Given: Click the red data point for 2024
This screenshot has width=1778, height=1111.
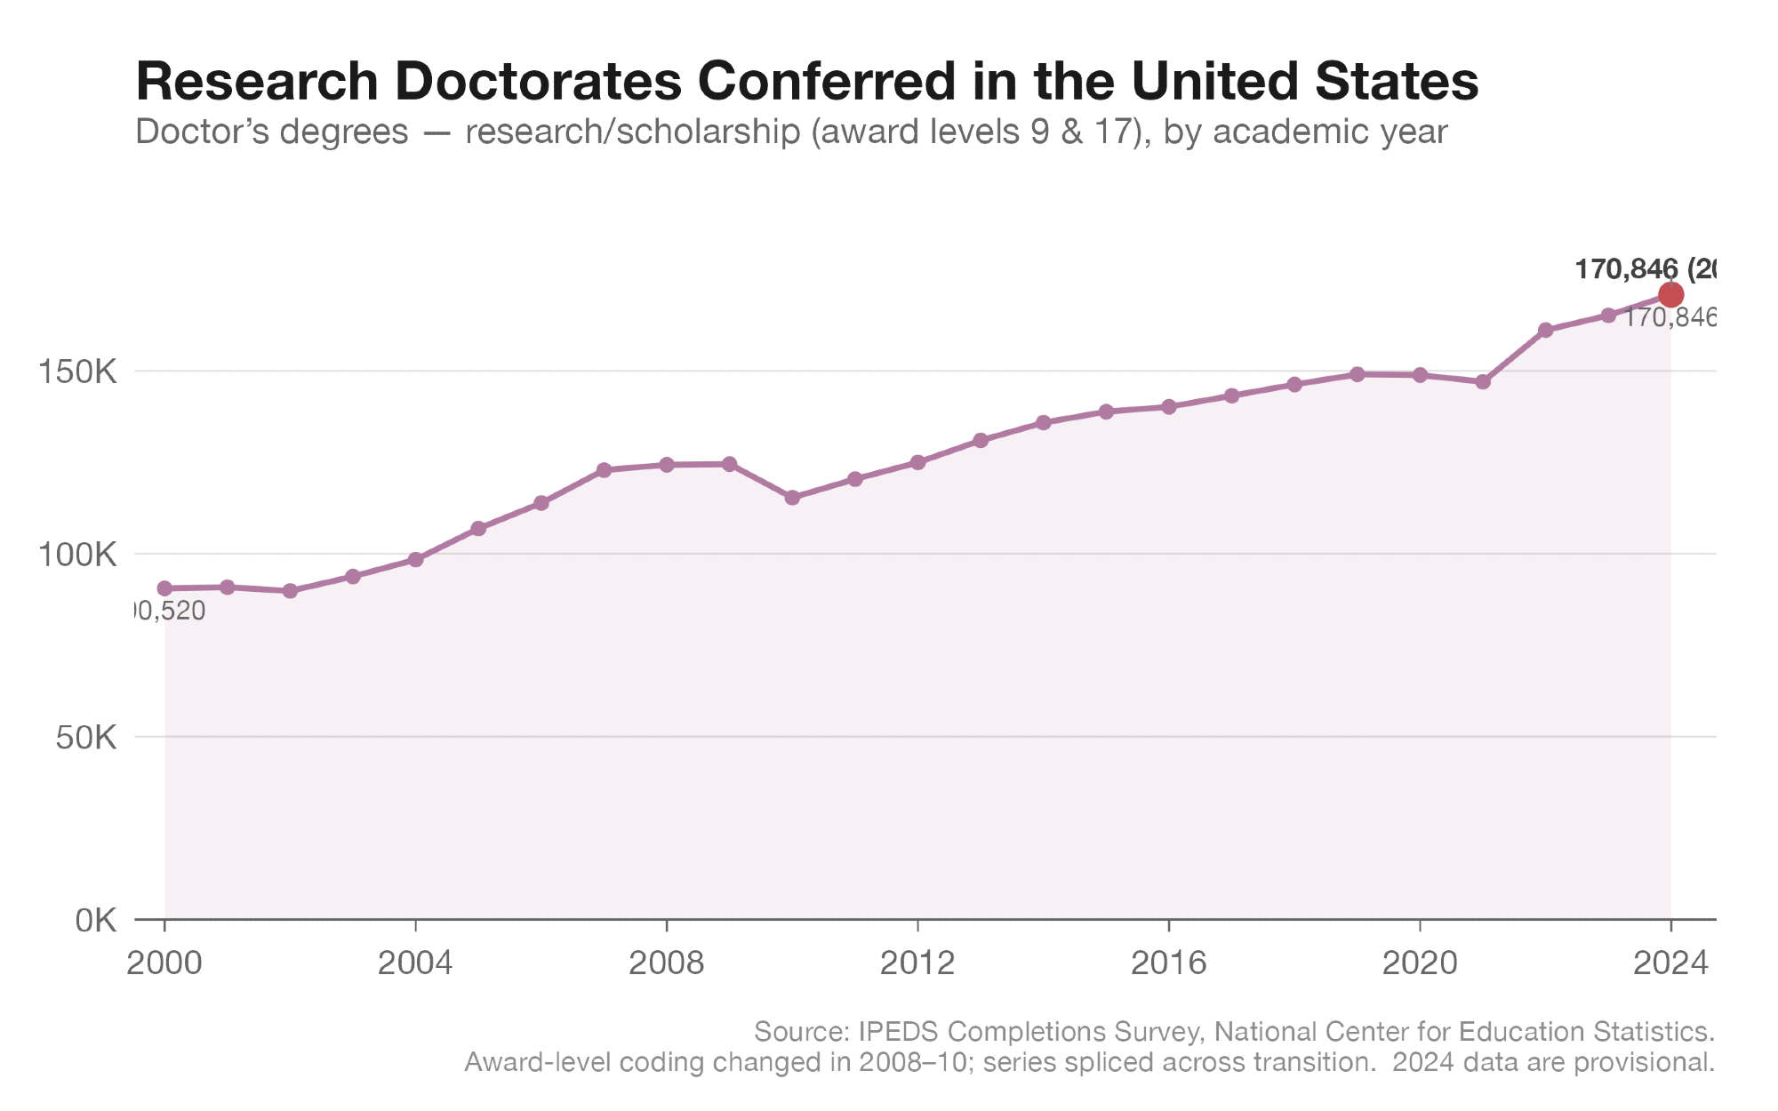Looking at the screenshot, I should (x=1670, y=295).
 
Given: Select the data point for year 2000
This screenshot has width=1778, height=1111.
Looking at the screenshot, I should (x=164, y=588).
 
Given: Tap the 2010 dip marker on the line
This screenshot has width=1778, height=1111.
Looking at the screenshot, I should (x=792, y=498).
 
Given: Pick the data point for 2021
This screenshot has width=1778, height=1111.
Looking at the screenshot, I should (x=1483, y=382).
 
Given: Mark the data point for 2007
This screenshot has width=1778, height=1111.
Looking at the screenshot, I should (x=604, y=470).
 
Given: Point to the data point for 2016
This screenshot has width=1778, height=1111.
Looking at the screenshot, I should (x=1169, y=407).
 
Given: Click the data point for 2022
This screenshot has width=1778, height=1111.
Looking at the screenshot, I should (x=1545, y=330).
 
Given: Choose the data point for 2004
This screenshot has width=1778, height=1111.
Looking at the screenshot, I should (x=415, y=560).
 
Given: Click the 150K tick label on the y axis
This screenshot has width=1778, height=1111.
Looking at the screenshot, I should (x=78, y=372).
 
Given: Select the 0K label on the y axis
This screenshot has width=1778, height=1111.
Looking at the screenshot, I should (x=95, y=921).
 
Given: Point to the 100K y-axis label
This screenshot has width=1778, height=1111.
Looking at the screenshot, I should (x=78, y=555).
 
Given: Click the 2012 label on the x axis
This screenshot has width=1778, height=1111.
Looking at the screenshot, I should (x=917, y=963).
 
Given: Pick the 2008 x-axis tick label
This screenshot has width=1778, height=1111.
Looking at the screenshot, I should (x=666, y=963).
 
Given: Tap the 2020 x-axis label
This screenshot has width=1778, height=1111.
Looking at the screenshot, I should (x=1420, y=963).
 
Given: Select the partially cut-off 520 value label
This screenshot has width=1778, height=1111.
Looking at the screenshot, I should (x=169, y=611).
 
